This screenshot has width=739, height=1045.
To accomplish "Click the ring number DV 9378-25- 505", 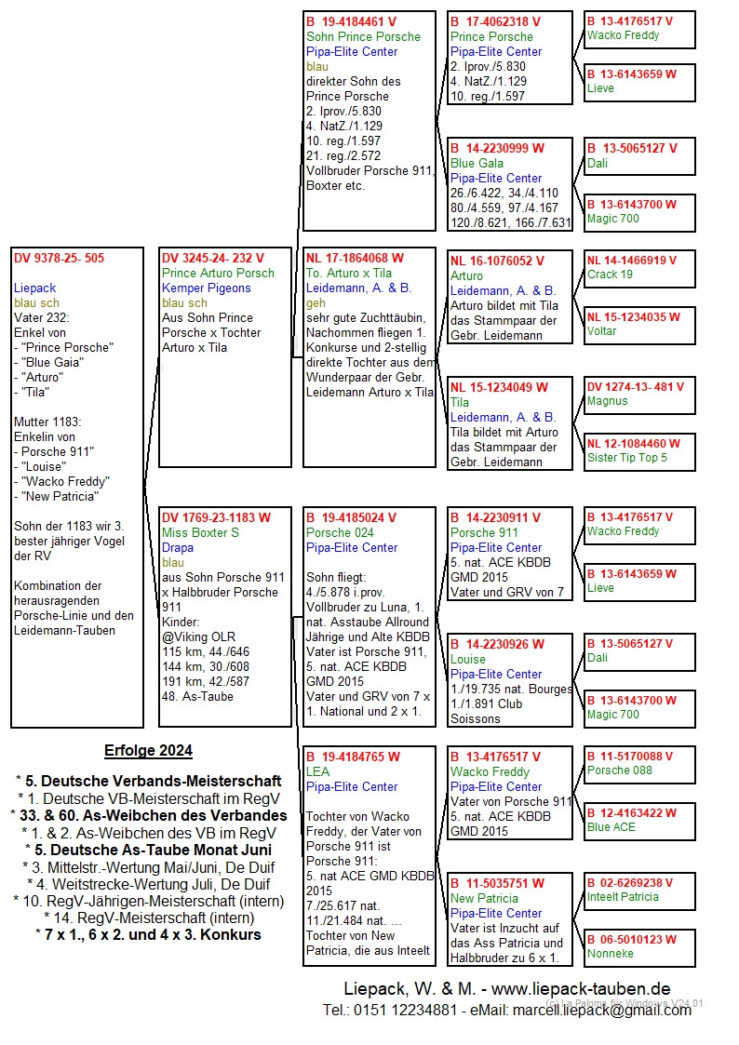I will (59, 259).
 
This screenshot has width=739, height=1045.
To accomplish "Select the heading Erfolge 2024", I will (148, 751).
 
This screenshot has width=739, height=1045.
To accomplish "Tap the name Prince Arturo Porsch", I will (218, 274).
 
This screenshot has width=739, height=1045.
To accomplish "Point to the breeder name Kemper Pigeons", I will (206, 288).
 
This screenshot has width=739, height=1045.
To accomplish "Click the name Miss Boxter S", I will (200, 533).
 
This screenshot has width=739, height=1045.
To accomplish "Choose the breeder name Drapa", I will (178, 548).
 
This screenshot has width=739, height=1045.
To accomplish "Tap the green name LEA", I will (317, 772).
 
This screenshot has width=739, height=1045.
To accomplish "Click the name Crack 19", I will (610, 275).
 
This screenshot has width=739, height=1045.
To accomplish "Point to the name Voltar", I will (602, 331).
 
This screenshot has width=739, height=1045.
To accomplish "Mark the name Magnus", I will (607, 401).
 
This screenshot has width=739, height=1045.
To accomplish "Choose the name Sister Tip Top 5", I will (626, 458).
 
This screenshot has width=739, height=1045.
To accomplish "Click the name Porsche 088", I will (619, 770).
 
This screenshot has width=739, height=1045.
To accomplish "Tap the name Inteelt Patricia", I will (623, 897).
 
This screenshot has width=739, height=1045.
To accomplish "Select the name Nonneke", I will (610, 954).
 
